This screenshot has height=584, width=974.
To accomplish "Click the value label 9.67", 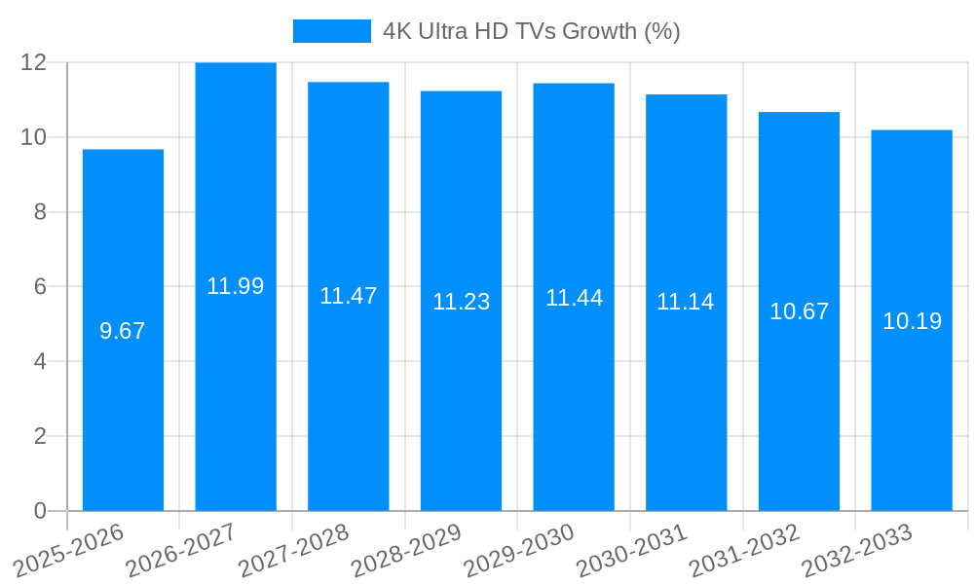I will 123,331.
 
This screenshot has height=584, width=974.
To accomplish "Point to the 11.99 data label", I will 236,286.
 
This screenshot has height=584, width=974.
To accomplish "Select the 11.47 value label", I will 349,296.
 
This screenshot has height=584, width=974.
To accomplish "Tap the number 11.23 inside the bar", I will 461,302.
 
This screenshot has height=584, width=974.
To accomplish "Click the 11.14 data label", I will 686,302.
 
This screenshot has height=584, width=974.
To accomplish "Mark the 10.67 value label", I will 799,311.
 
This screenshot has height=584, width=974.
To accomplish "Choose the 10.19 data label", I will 912,321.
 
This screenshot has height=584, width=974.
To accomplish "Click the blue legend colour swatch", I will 331,31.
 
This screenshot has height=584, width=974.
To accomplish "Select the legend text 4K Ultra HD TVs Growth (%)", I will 531,31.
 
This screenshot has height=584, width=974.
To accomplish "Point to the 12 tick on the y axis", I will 34,62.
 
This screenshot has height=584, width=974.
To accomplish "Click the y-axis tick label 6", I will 40,286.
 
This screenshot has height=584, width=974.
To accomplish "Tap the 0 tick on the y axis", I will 40,511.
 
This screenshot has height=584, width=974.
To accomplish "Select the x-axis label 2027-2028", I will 293,550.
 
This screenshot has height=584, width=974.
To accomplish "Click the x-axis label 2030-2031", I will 631,550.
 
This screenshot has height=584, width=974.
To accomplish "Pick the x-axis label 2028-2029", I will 406,550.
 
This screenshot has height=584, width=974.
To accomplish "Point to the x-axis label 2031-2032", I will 744,550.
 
